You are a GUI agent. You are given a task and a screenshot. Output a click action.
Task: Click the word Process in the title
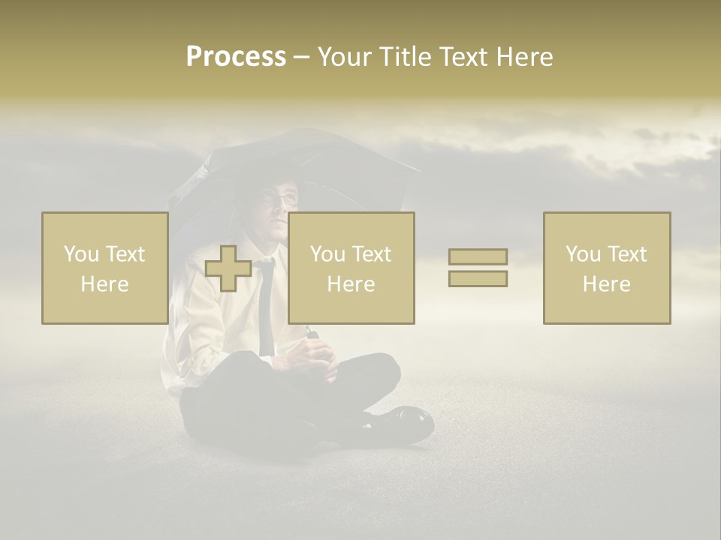(x=236, y=57)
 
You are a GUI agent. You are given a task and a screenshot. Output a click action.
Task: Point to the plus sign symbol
(x=228, y=268)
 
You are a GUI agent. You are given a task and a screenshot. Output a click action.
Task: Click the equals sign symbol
(x=478, y=268)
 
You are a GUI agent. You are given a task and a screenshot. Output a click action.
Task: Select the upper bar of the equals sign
(x=478, y=257)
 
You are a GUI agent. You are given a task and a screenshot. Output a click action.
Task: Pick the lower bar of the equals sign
(x=478, y=278)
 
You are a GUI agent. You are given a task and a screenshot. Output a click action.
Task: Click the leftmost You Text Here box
(x=104, y=268)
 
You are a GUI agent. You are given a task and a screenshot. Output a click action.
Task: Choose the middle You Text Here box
(x=351, y=268)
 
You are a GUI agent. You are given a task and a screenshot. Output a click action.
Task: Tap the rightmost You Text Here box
(x=606, y=268)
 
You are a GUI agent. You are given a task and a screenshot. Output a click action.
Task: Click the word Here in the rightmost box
(x=606, y=284)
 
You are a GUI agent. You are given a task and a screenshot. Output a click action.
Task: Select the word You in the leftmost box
(x=81, y=254)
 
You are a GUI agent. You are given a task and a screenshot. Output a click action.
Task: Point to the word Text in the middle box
(x=371, y=254)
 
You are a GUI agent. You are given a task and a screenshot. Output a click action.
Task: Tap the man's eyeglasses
(x=282, y=199)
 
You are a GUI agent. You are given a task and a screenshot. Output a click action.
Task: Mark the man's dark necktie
(x=266, y=307)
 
